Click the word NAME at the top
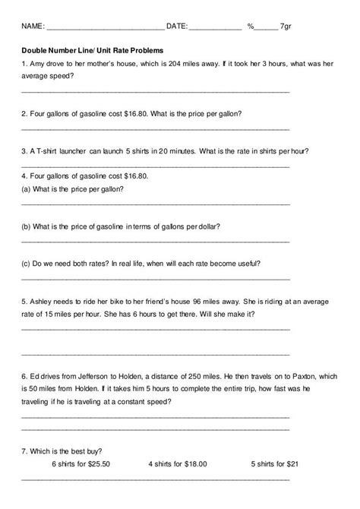pos(33,26)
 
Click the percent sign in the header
pos(251,26)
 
